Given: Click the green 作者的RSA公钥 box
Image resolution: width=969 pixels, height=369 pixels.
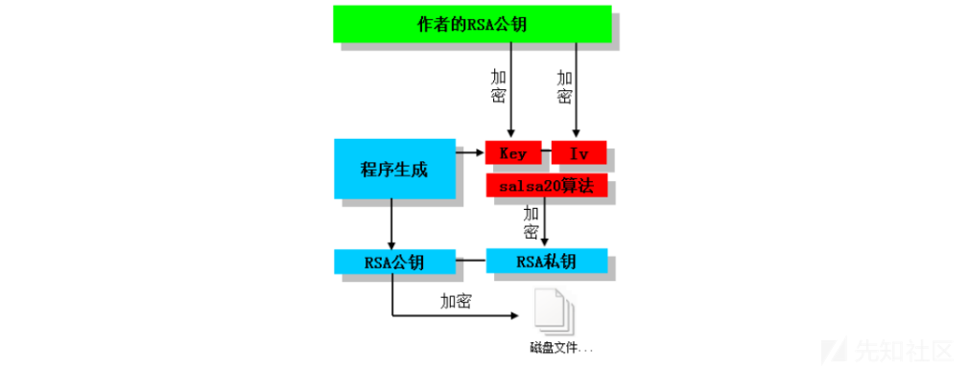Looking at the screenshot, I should [x=472, y=24].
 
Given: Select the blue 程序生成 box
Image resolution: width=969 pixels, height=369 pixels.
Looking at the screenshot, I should [x=393, y=170].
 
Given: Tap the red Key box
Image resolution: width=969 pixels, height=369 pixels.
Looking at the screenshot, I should [x=513, y=153].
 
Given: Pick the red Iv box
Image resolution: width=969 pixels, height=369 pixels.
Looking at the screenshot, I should [x=579, y=153].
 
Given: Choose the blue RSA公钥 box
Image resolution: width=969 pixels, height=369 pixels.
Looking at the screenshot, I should [x=393, y=261].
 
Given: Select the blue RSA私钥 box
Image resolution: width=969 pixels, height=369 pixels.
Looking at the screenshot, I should [x=547, y=261].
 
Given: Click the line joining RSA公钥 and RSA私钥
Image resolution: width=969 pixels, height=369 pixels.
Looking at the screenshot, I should [x=469, y=261].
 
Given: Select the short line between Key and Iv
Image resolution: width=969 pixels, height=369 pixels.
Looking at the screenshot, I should [x=547, y=153].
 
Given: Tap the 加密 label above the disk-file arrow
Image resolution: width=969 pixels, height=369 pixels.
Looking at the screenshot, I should [x=456, y=301].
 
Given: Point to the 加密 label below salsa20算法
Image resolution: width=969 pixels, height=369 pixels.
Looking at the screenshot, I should [x=531, y=222].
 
